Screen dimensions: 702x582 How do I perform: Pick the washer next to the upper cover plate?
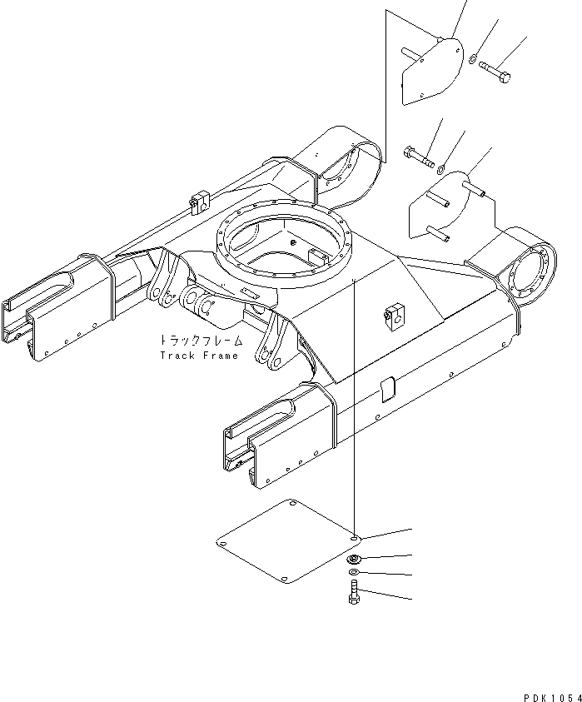[472, 58]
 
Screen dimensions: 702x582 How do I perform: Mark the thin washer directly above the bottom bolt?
[354, 574]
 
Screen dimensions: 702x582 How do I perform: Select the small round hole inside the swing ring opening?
[293, 242]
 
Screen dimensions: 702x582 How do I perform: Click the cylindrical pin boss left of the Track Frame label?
[201, 308]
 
